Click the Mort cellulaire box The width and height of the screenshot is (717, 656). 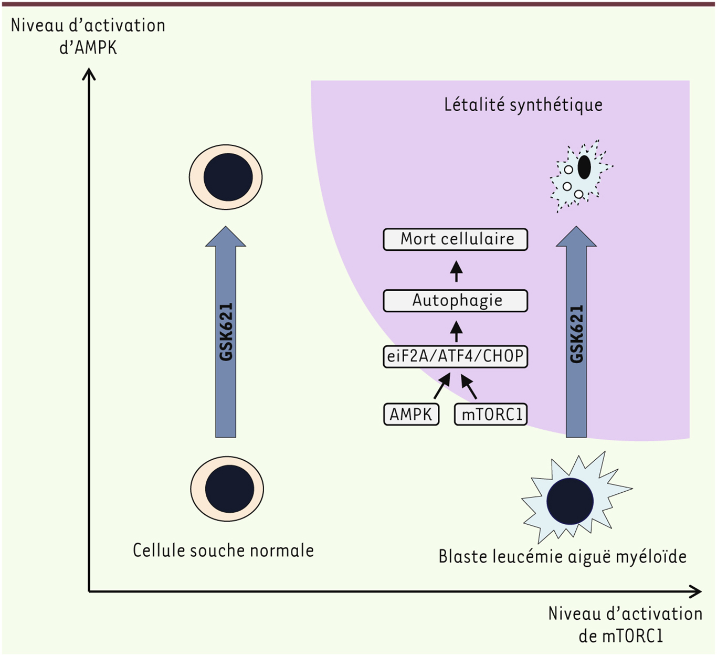(456, 239)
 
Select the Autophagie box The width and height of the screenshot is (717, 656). (456, 301)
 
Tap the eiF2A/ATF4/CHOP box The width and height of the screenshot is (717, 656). (456, 356)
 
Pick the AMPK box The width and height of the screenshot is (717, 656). (411, 414)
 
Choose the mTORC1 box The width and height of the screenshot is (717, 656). (491, 414)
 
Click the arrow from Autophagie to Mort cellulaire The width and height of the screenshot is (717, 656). (456, 271)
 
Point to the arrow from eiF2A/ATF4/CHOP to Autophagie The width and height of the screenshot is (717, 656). (456, 332)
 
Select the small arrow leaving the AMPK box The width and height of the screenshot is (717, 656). (442, 386)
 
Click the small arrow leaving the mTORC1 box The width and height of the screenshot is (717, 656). (469, 386)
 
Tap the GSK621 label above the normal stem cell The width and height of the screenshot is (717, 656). (226, 332)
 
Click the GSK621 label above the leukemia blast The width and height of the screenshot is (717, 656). (576, 334)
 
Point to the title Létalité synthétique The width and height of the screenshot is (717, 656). (523, 105)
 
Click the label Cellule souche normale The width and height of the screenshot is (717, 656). (223, 551)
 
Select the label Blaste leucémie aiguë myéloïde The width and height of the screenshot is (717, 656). (562, 556)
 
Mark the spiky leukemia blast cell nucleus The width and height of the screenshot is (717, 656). (570, 501)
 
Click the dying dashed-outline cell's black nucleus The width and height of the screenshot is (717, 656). (584, 167)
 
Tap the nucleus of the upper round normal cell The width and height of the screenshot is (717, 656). (228, 177)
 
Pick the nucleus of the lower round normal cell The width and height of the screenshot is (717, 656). (229, 489)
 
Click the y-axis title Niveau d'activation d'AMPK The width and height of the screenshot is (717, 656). (88, 36)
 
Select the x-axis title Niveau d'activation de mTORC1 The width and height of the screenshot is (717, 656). (625, 625)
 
